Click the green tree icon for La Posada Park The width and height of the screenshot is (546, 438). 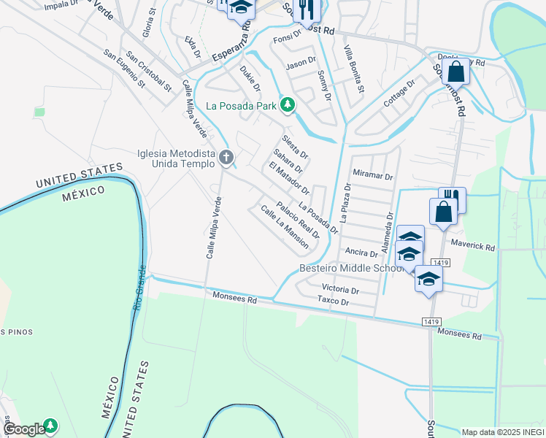[288, 105]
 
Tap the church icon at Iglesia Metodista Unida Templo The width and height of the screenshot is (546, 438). [227, 157]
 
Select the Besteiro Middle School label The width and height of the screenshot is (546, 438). [352, 269]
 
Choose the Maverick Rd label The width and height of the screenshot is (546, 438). [472, 242]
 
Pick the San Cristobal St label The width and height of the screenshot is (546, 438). [148, 71]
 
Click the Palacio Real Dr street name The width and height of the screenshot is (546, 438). [298, 220]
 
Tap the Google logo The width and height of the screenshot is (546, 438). [24, 429]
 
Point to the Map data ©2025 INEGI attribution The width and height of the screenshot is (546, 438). [503, 432]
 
